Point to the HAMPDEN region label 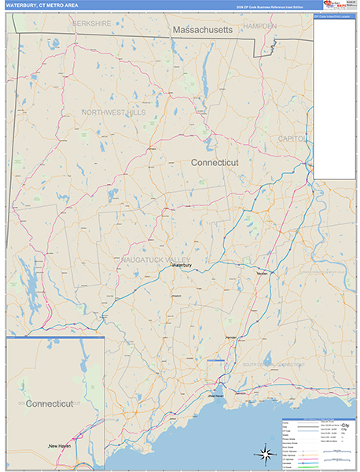pyautogui.click(x=259, y=26)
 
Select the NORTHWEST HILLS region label pyautogui.click(x=114, y=112)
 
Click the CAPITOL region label pyautogui.click(x=291, y=138)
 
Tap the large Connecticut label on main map pyautogui.click(x=215, y=161)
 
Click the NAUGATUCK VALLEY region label pyautogui.click(x=156, y=259)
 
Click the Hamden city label pyautogui.click(x=230, y=337)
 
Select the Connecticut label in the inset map pyautogui.click(x=49, y=404)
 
